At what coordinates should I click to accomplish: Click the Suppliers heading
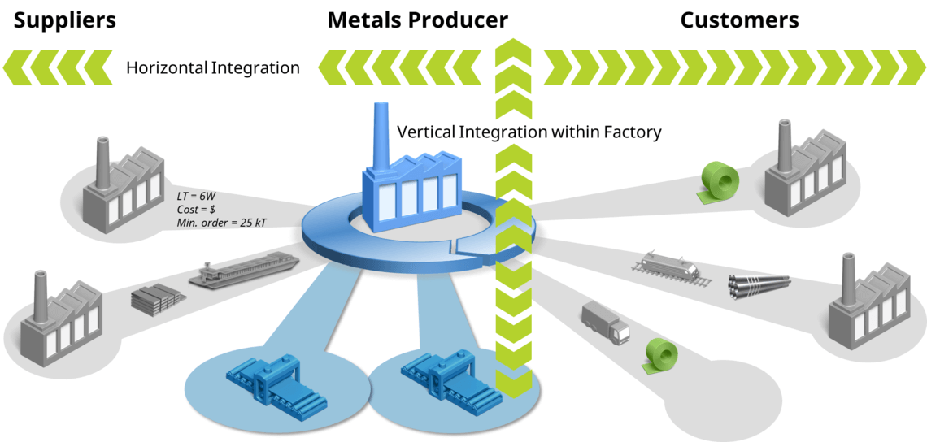(x=64, y=19)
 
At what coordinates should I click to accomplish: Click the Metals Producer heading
(x=417, y=19)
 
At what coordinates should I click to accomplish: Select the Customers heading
(x=739, y=19)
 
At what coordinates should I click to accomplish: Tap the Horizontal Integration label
(x=213, y=67)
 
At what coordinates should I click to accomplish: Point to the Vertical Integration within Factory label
(x=529, y=132)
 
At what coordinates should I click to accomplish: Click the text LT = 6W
(x=198, y=196)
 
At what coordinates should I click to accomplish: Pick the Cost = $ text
(x=196, y=209)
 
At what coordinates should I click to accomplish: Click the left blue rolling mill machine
(x=276, y=381)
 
